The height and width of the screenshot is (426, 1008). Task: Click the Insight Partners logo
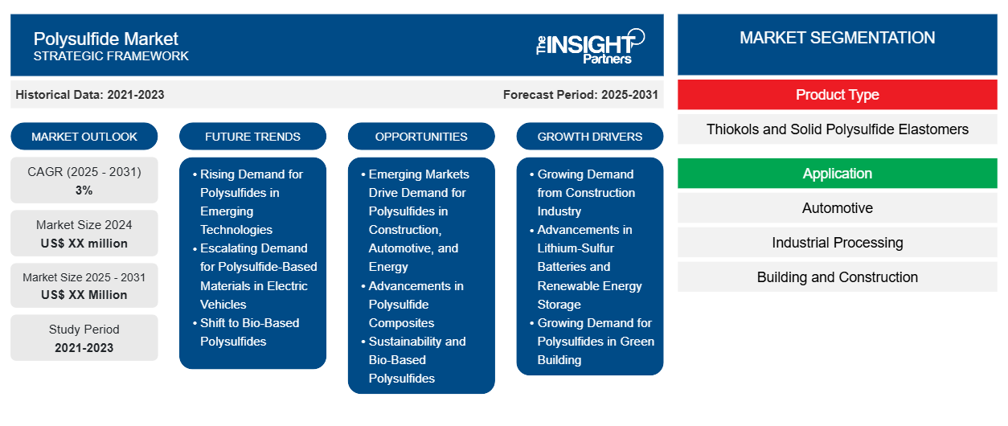click(x=590, y=45)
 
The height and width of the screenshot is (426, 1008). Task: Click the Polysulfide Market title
click(x=106, y=38)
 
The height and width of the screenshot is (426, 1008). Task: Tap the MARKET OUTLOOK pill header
click(x=84, y=137)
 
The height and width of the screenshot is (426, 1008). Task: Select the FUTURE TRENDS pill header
click(x=252, y=137)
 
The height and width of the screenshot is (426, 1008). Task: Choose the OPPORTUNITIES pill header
click(x=421, y=137)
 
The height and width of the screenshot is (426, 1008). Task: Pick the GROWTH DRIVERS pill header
click(x=590, y=137)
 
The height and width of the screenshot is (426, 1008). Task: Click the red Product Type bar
click(x=837, y=95)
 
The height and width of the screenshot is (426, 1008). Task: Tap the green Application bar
click(x=837, y=174)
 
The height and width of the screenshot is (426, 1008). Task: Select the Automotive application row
click(x=837, y=208)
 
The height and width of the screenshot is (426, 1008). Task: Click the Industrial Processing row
click(x=837, y=243)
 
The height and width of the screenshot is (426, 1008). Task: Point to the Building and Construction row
click(x=837, y=277)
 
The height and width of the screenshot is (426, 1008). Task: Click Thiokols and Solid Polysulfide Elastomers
click(x=837, y=129)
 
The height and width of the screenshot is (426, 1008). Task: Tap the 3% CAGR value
click(x=84, y=190)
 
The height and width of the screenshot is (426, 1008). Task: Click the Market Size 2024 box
click(x=84, y=233)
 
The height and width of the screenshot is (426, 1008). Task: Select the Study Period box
click(x=84, y=338)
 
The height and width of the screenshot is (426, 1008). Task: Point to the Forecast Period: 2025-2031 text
click(x=580, y=95)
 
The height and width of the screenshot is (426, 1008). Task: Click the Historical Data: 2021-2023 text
click(x=90, y=95)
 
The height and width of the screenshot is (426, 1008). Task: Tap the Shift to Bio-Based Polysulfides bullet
click(x=249, y=332)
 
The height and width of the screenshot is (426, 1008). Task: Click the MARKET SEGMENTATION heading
click(x=837, y=38)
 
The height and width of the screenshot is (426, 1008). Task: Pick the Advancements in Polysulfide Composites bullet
click(x=415, y=304)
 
